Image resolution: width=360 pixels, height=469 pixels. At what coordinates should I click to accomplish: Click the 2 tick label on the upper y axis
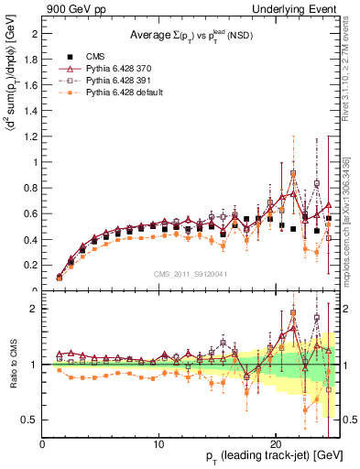point(34,33)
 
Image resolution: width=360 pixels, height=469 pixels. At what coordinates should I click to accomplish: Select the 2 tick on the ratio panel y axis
point(34,309)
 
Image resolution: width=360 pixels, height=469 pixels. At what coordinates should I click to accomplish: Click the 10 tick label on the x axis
point(159,443)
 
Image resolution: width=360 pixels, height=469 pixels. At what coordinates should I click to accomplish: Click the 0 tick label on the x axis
point(43,443)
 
